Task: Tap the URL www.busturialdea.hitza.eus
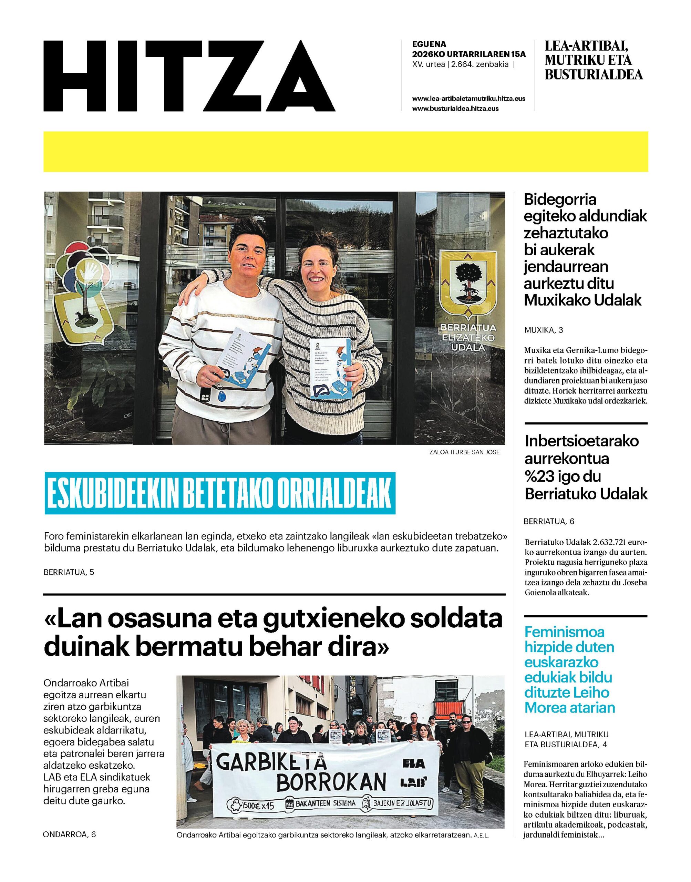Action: click(455, 109)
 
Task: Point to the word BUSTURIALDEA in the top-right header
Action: click(594, 75)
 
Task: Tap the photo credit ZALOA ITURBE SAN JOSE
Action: click(464, 452)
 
